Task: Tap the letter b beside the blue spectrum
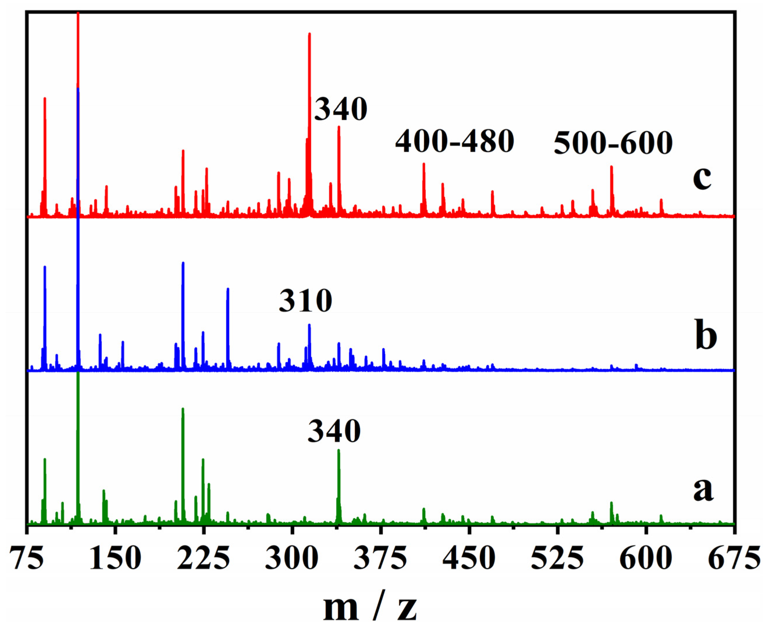706,335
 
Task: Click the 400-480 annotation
454,142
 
